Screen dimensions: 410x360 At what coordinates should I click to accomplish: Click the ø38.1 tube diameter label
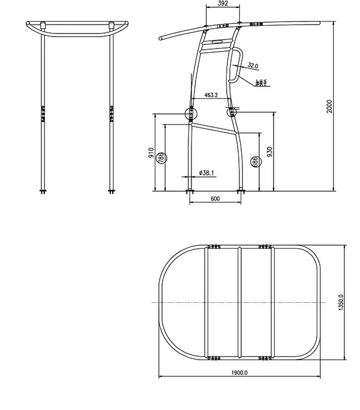click(x=206, y=173)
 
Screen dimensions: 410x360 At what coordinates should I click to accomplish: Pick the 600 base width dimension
click(x=216, y=200)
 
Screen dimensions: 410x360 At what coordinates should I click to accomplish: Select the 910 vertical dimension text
click(x=152, y=153)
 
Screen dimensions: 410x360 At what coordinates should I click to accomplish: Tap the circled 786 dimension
click(x=161, y=158)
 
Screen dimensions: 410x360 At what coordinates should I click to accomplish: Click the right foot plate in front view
click(x=112, y=192)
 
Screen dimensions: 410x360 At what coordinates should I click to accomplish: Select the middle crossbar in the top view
click(x=240, y=302)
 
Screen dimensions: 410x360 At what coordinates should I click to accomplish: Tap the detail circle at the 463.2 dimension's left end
click(x=191, y=113)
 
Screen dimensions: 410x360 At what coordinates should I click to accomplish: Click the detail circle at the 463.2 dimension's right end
click(x=232, y=111)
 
